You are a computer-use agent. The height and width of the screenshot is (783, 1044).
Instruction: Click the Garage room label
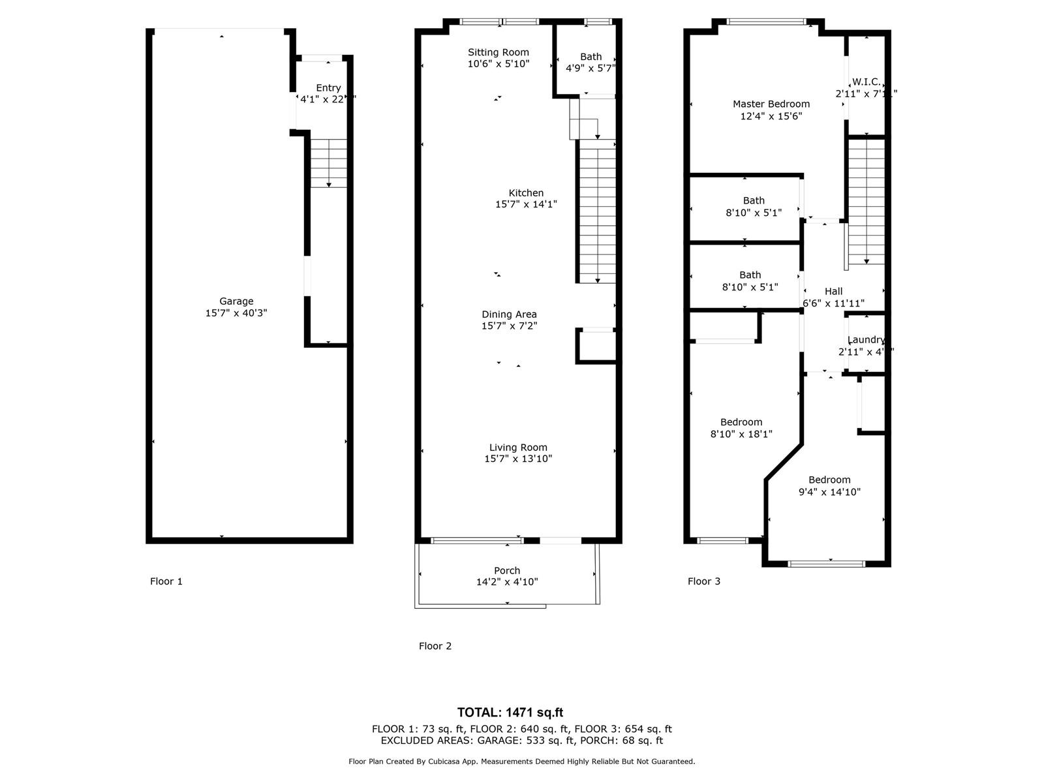236,301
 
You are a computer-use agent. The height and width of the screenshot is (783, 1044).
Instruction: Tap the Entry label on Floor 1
328,87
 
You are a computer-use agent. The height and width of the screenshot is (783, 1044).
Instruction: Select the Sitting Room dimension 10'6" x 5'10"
499,64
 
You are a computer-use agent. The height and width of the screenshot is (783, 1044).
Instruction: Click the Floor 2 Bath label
591,57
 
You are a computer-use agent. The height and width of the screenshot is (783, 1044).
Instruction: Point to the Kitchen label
526,192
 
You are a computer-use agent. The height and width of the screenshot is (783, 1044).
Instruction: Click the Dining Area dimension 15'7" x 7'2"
509,326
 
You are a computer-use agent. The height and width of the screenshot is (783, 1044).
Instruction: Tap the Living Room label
518,447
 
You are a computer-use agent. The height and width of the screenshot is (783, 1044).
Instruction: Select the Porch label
507,570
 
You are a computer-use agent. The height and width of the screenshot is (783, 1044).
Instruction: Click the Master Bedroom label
771,104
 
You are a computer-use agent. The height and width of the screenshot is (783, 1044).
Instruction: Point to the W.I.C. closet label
866,82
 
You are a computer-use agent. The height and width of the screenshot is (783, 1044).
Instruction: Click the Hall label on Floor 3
833,292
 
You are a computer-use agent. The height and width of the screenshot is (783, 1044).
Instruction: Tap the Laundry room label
866,340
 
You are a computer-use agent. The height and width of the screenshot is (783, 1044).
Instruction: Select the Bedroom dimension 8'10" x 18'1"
741,433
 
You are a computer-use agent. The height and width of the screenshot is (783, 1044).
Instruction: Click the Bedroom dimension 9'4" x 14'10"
829,492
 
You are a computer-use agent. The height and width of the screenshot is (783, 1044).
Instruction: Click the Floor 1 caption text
166,581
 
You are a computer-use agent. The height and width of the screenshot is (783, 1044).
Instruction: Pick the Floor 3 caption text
704,581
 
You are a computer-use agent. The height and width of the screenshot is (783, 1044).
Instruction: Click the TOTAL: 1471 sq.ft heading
510,713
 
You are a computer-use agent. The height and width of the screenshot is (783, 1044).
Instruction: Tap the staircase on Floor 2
597,212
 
